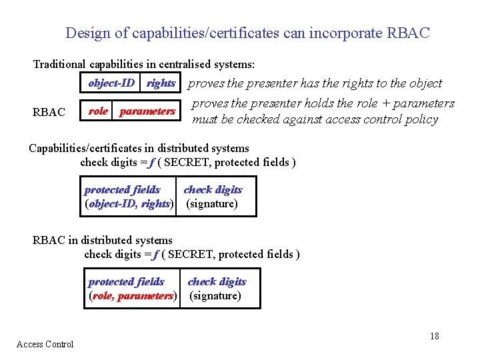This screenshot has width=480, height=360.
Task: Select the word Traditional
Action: [x=59, y=65]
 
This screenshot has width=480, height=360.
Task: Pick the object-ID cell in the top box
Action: [x=111, y=83]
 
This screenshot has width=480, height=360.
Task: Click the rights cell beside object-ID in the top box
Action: [x=161, y=83]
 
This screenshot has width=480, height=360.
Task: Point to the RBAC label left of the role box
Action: [x=49, y=112]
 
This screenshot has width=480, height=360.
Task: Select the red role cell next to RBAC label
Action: [x=98, y=111]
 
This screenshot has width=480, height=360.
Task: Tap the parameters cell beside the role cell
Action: [x=147, y=111]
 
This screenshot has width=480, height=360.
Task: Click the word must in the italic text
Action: [x=205, y=120]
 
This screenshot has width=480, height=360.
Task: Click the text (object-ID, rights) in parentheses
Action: [x=129, y=204]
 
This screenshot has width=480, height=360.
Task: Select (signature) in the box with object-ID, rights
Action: [x=211, y=204]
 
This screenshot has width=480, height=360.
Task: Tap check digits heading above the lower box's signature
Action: [x=217, y=282]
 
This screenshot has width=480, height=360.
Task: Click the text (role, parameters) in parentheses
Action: [x=133, y=296]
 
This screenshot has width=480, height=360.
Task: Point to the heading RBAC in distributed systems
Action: [x=102, y=240]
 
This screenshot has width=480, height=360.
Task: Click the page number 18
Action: [x=434, y=336]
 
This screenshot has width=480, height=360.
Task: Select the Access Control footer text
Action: [x=45, y=344]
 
